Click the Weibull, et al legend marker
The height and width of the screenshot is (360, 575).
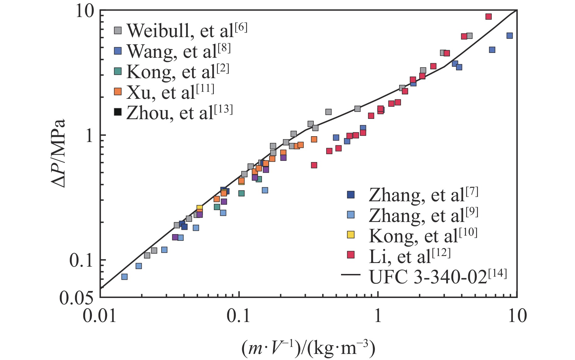118,30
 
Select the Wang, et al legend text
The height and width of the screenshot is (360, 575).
179,51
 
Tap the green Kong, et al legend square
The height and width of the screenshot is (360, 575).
118,71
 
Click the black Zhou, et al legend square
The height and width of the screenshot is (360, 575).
118,112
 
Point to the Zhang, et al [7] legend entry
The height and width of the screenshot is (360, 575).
423,195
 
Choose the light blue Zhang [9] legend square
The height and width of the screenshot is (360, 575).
351,215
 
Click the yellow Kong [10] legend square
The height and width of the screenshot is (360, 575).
351,235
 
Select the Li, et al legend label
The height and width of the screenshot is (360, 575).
409,256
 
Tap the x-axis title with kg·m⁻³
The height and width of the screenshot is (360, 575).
308,349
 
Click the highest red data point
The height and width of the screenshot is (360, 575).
489,17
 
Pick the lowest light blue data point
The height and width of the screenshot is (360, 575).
124,277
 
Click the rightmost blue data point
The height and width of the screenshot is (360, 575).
510,36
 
